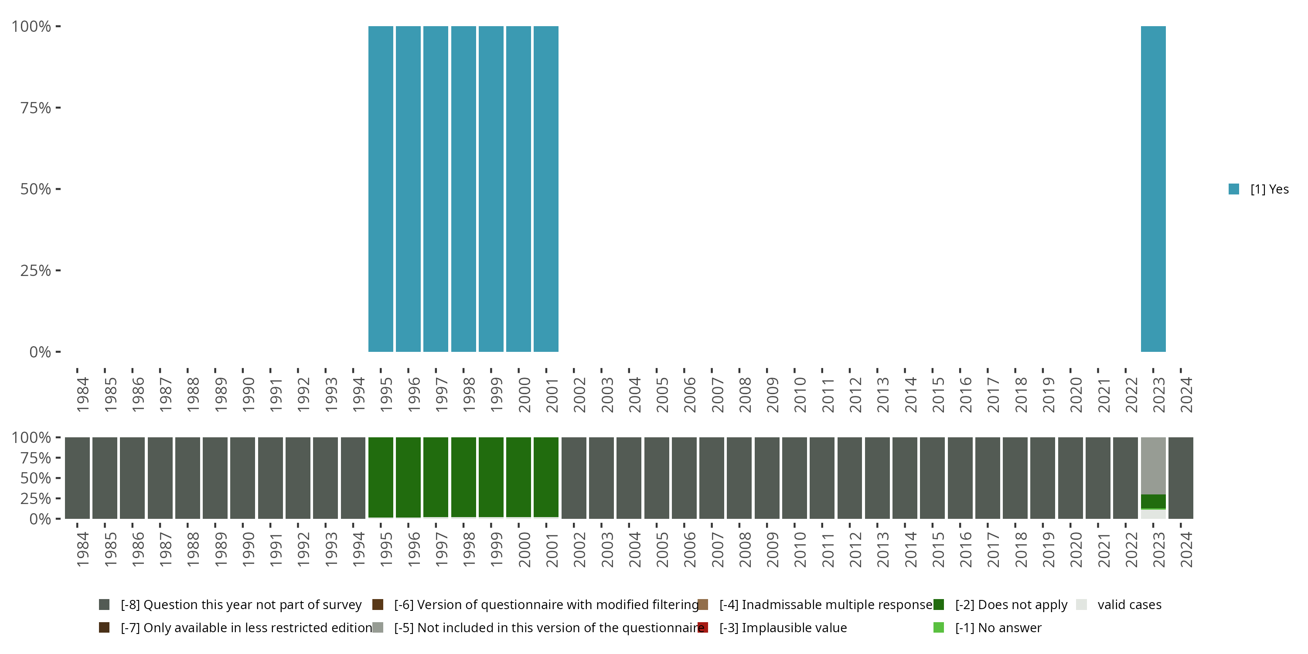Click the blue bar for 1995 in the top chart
tap(380, 188)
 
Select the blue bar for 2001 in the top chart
tap(546, 188)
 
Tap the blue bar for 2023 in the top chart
tap(1153, 188)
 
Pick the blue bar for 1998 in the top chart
tap(463, 188)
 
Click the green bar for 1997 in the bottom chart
tap(436, 477)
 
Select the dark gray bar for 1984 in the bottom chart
tap(77, 478)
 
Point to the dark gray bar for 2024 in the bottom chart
tap(1181, 478)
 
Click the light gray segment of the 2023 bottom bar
tap(1153, 465)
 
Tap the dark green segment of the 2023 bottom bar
tap(1153, 501)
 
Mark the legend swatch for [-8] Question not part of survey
tap(104, 605)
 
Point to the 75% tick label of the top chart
tap(36, 108)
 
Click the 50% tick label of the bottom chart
tap(36, 478)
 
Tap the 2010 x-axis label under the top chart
tap(800, 395)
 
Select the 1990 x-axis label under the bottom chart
tap(248, 549)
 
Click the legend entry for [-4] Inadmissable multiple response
tap(825, 605)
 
